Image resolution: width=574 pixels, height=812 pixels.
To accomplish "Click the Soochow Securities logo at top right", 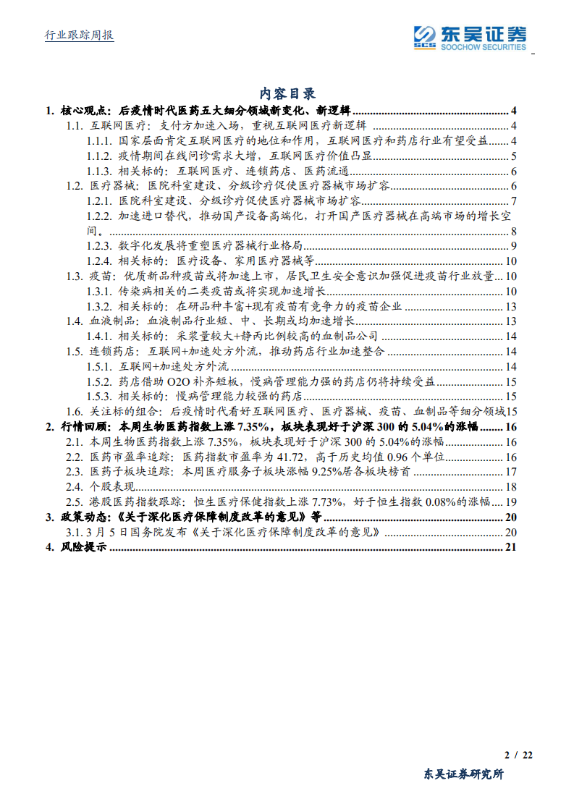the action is (x=470, y=37).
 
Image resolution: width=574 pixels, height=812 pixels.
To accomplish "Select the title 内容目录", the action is (x=287, y=93).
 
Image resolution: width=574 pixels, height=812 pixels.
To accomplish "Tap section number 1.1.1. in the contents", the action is (x=100, y=140).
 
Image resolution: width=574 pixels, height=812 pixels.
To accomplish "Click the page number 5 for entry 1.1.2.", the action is (x=512, y=156).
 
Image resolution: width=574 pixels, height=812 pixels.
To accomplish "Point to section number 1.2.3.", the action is (x=100, y=246).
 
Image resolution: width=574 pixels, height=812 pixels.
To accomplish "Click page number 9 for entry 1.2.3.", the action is (x=512, y=246).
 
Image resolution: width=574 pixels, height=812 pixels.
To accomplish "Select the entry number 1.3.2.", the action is (x=100, y=306).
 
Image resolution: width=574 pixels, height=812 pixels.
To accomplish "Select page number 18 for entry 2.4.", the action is (x=510, y=487).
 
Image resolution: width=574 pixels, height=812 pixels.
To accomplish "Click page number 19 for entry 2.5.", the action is (x=510, y=502).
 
